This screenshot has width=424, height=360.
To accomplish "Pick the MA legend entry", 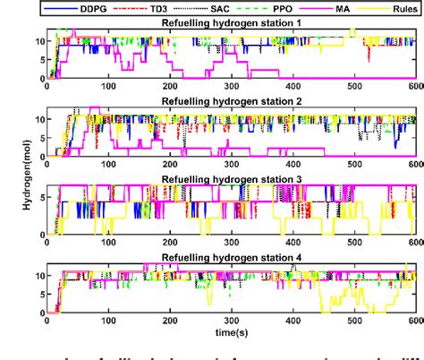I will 349,7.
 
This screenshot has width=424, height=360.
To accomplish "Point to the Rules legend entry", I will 401,7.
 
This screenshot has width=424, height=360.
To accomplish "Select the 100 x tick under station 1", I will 109,86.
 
